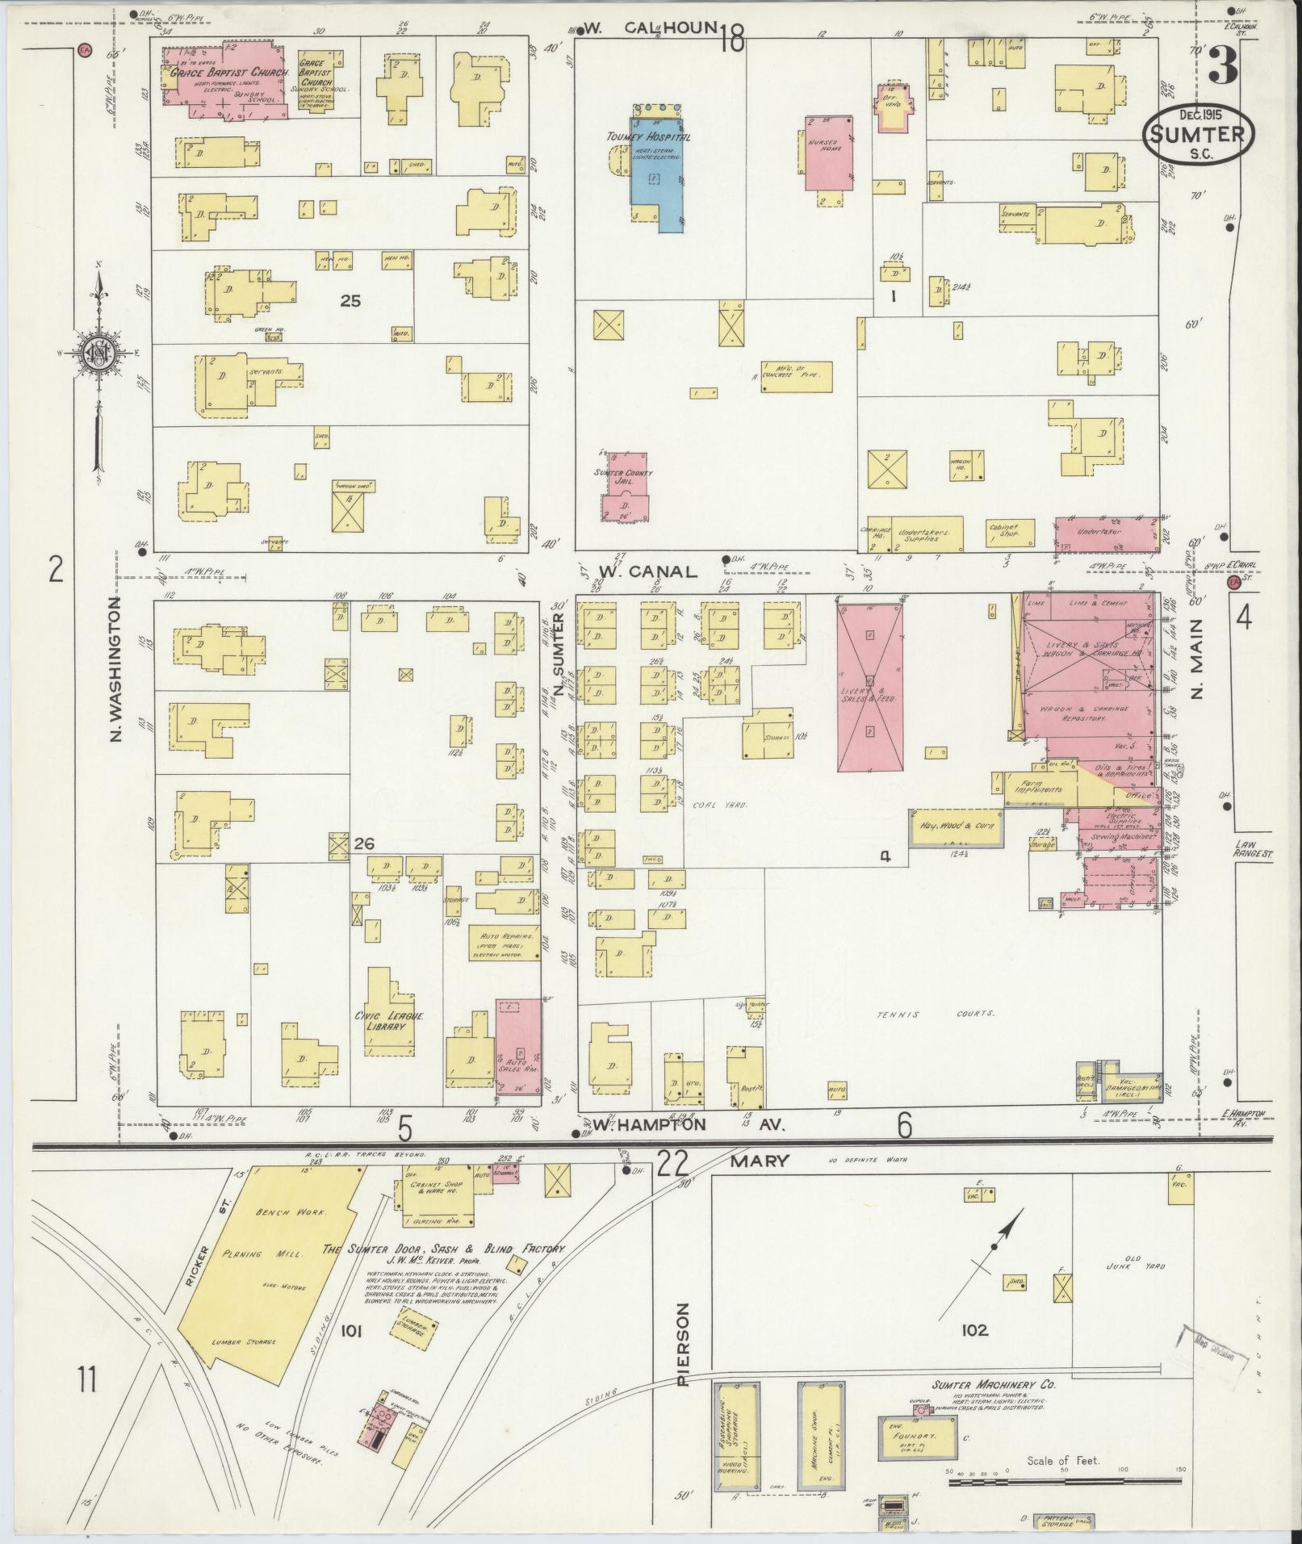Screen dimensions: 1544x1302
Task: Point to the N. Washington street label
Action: pos(116,670)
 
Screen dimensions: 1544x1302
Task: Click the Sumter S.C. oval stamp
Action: pos(1198,138)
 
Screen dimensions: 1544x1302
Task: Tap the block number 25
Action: pos(350,301)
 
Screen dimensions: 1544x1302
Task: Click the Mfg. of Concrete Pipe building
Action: pos(797,377)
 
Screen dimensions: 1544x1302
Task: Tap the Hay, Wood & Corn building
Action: pos(957,827)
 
